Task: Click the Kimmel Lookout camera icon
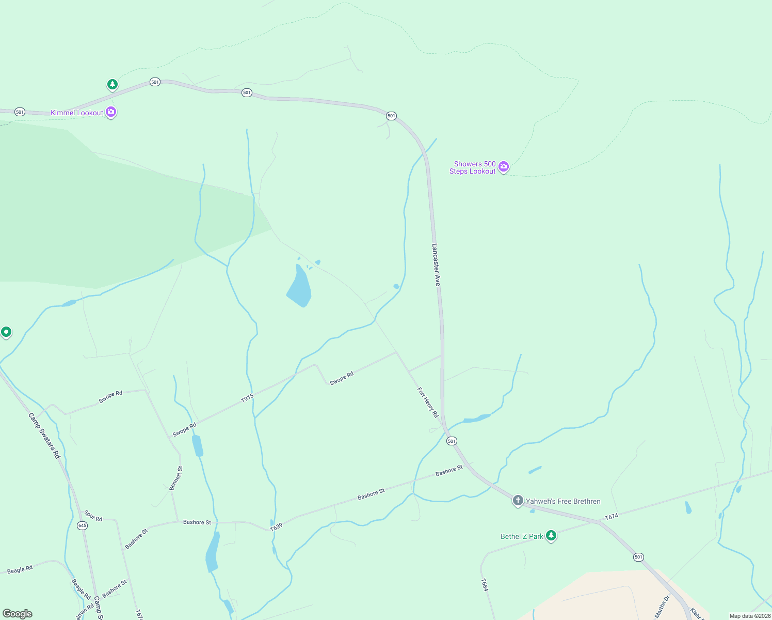pyautogui.click(x=111, y=112)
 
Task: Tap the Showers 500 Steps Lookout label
pyautogui.click(x=472, y=167)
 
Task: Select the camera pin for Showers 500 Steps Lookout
pyautogui.click(x=504, y=166)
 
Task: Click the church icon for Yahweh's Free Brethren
pyautogui.click(x=518, y=500)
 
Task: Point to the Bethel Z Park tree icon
pyautogui.click(x=551, y=535)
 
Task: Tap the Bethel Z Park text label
pyautogui.click(x=522, y=536)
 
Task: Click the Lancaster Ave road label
pyautogui.click(x=437, y=265)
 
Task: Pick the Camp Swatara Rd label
pyautogui.click(x=44, y=435)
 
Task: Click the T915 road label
pyautogui.click(x=248, y=398)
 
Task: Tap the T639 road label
pyautogui.click(x=277, y=526)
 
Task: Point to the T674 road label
pyautogui.click(x=611, y=516)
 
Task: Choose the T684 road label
pyautogui.click(x=485, y=585)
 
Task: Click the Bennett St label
pyautogui.click(x=176, y=478)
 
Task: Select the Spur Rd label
pyautogui.click(x=93, y=516)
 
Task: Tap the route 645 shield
pyautogui.click(x=82, y=525)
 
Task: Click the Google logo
pyautogui.click(x=18, y=613)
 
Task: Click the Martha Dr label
pyautogui.click(x=662, y=607)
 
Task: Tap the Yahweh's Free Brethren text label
pyautogui.click(x=563, y=501)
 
